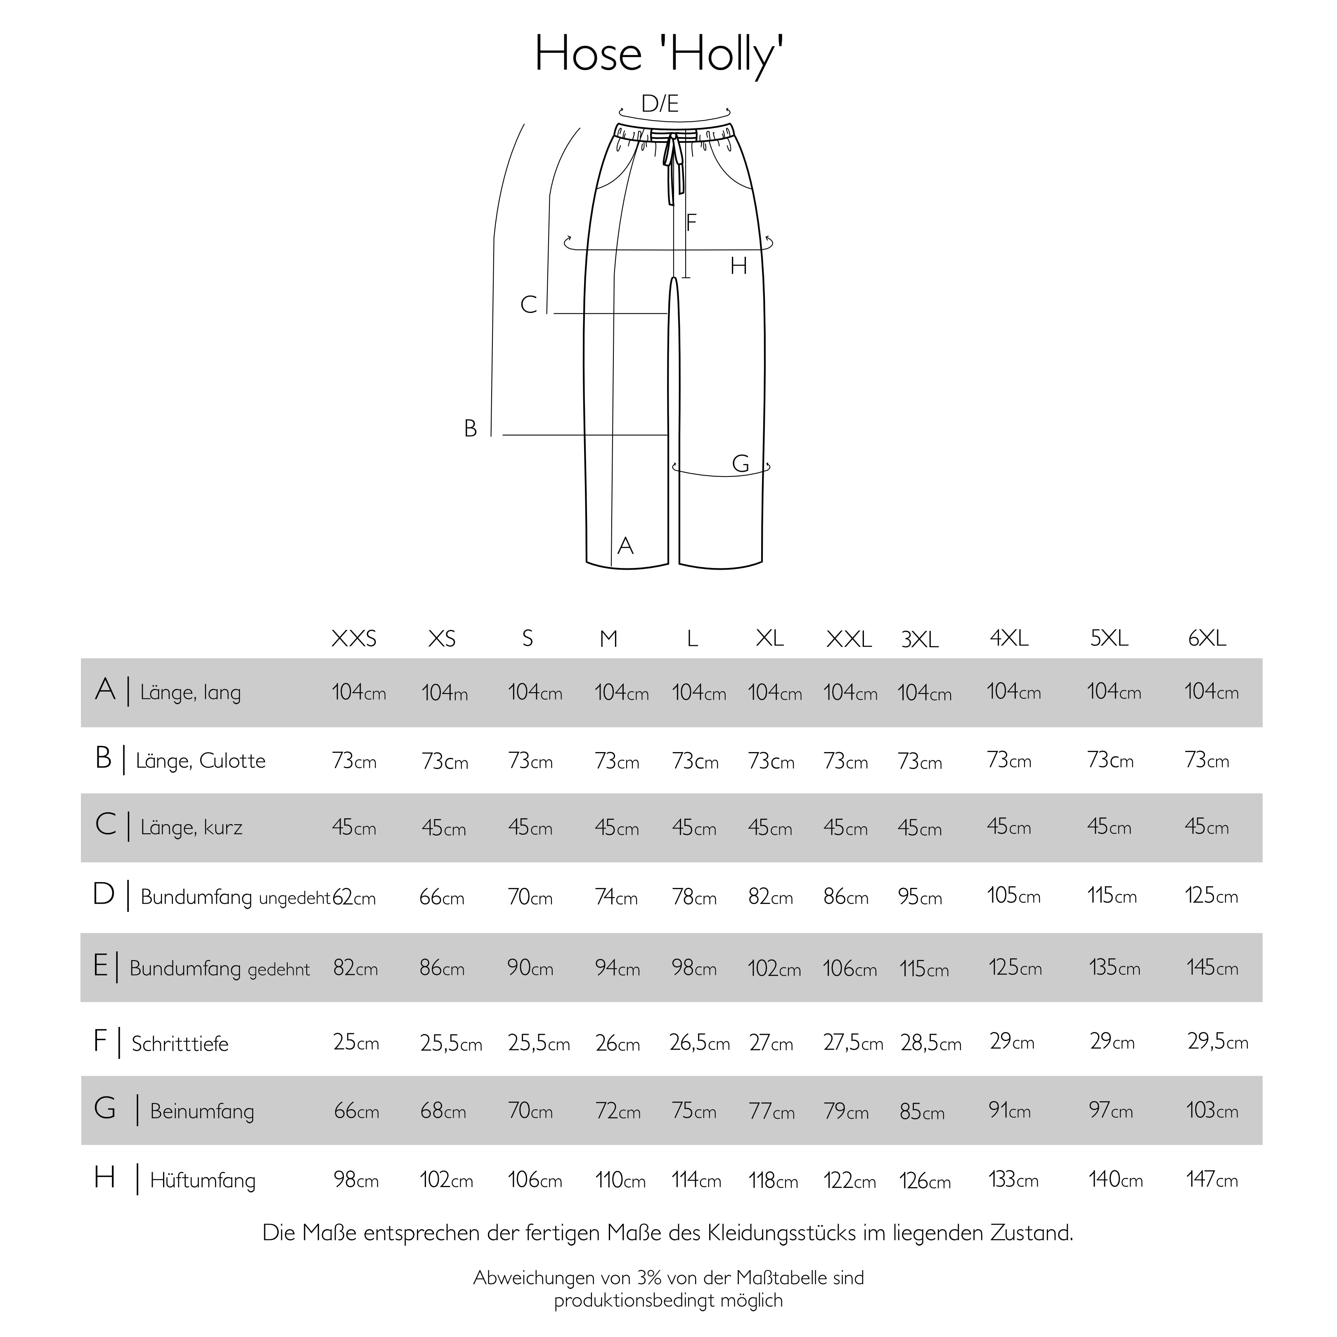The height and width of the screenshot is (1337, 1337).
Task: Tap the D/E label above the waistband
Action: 660,104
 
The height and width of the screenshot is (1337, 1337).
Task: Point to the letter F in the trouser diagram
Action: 691,223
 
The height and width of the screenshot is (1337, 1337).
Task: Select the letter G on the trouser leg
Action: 740,464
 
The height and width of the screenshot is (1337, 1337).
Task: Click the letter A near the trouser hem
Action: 625,546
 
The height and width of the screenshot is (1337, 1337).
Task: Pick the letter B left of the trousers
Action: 471,429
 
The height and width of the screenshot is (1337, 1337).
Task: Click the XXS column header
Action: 354,638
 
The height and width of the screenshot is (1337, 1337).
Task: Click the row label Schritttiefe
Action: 180,1044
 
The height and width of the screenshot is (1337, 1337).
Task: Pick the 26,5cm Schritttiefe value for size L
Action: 699,1043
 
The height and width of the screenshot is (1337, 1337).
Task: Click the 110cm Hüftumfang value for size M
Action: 620,1179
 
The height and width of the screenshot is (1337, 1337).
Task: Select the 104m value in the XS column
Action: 444,692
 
